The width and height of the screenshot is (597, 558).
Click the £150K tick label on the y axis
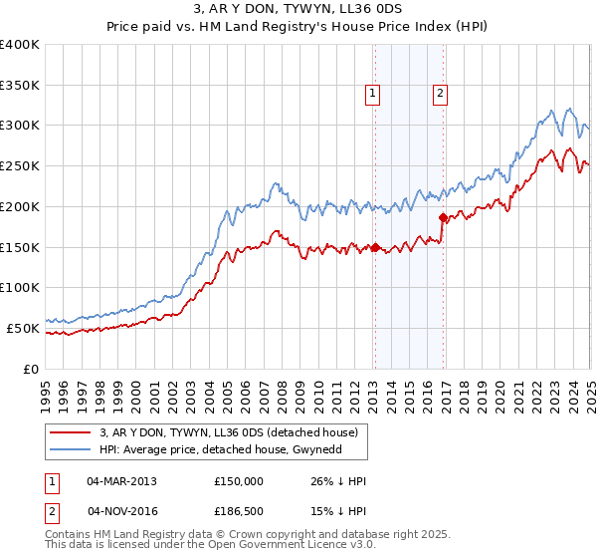tap(20, 247)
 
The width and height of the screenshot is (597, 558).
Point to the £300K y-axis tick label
tap(20, 126)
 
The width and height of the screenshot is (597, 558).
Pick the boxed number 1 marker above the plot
tap(372, 95)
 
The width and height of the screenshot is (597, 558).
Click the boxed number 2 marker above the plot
tap(439, 95)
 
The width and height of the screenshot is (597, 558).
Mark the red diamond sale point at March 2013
tap(375, 247)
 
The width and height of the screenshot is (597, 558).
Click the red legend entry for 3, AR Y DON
tap(234, 431)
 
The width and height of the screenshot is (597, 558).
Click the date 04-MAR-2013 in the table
tap(121, 480)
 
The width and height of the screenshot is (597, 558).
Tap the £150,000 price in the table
tap(240, 480)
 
